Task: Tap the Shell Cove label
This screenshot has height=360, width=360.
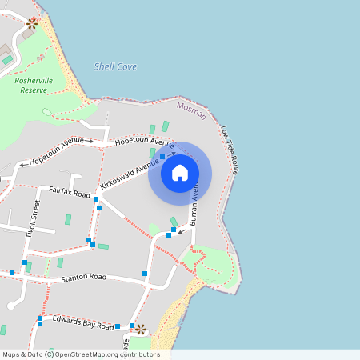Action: point(115,66)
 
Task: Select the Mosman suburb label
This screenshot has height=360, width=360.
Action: point(191,110)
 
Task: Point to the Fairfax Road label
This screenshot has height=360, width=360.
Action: point(69,191)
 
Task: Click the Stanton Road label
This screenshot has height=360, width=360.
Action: point(84,277)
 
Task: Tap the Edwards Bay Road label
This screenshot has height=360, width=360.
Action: point(84,323)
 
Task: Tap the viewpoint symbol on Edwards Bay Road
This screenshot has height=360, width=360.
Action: point(140,328)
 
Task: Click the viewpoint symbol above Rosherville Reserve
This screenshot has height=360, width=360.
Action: point(32,23)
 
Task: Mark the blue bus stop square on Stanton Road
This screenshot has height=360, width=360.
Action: point(145,274)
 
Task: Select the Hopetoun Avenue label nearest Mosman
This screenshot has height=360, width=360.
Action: point(144,142)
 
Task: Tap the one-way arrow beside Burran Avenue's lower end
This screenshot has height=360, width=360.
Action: point(182,232)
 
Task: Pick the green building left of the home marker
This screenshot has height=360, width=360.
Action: point(152,153)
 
